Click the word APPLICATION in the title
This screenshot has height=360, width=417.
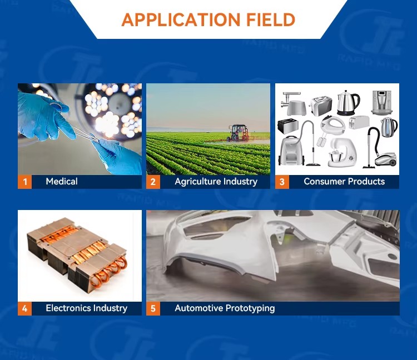click(181, 19)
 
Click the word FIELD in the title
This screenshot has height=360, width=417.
click(271, 19)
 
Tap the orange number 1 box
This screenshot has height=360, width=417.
click(24, 182)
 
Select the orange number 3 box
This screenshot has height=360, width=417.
click(282, 182)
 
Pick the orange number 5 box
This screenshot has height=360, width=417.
click(153, 308)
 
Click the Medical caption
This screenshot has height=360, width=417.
click(62, 182)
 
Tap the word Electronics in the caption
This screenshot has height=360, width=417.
click(68, 308)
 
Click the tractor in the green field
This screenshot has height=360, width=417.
click(239, 132)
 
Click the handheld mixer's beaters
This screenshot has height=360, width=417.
click(321, 141)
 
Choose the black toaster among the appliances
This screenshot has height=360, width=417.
click(287, 126)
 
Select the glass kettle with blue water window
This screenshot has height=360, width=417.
click(389, 127)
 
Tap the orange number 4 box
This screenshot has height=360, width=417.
click(24, 308)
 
